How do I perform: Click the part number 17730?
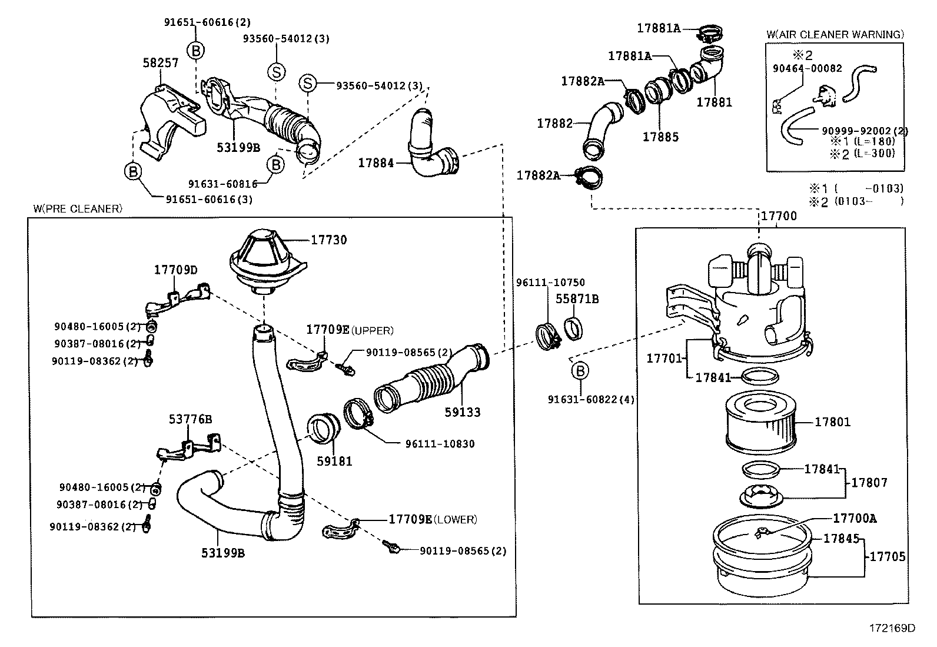click(x=328, y=240)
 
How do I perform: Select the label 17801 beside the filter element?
click(x=832, y=422)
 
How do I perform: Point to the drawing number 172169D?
click(x=892, y=628)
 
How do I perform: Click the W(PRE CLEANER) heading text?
click(x=77, y=208)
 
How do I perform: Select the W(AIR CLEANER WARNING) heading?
click(x=835, y=35)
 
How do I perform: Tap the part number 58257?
click(x=161, y=62)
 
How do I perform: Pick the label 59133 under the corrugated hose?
click(x=462, y=413)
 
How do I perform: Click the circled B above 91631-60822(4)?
click(x=580, y=370)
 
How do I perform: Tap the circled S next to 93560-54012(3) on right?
click(x=307, y=84)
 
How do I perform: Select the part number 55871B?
click(x=577, y=299)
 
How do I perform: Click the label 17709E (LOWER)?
click(x=433, y=519)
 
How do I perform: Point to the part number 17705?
click(x=887, y=556)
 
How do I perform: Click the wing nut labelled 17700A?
click(x=763, y=533)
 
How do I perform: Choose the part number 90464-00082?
click(x=807, y=68)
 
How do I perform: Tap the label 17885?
click(x=660, y=137)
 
